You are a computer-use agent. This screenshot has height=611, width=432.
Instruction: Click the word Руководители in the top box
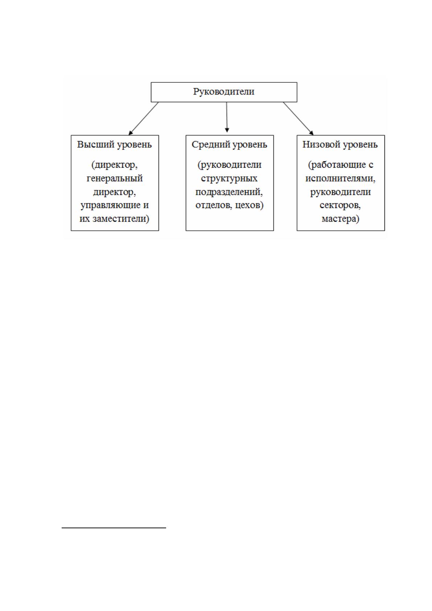pos(224,92)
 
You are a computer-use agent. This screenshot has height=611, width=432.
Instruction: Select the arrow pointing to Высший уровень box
pos(143,118)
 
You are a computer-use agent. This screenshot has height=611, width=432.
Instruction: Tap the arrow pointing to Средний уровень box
pos(227,117)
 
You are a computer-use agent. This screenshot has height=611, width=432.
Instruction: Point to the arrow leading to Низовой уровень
pos(298,118)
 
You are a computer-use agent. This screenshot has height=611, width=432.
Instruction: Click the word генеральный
pos(115,179)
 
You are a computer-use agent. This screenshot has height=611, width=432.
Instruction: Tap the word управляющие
pos(108,205)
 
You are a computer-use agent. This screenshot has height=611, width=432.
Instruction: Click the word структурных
pos(229,179)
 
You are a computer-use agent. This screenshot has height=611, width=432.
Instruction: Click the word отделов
pos(214,205)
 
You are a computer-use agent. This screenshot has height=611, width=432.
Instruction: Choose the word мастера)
pos(340,219)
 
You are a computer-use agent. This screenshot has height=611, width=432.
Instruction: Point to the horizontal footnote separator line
pos(114,528)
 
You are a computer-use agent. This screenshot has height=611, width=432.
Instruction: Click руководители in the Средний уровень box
pos(229,165)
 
